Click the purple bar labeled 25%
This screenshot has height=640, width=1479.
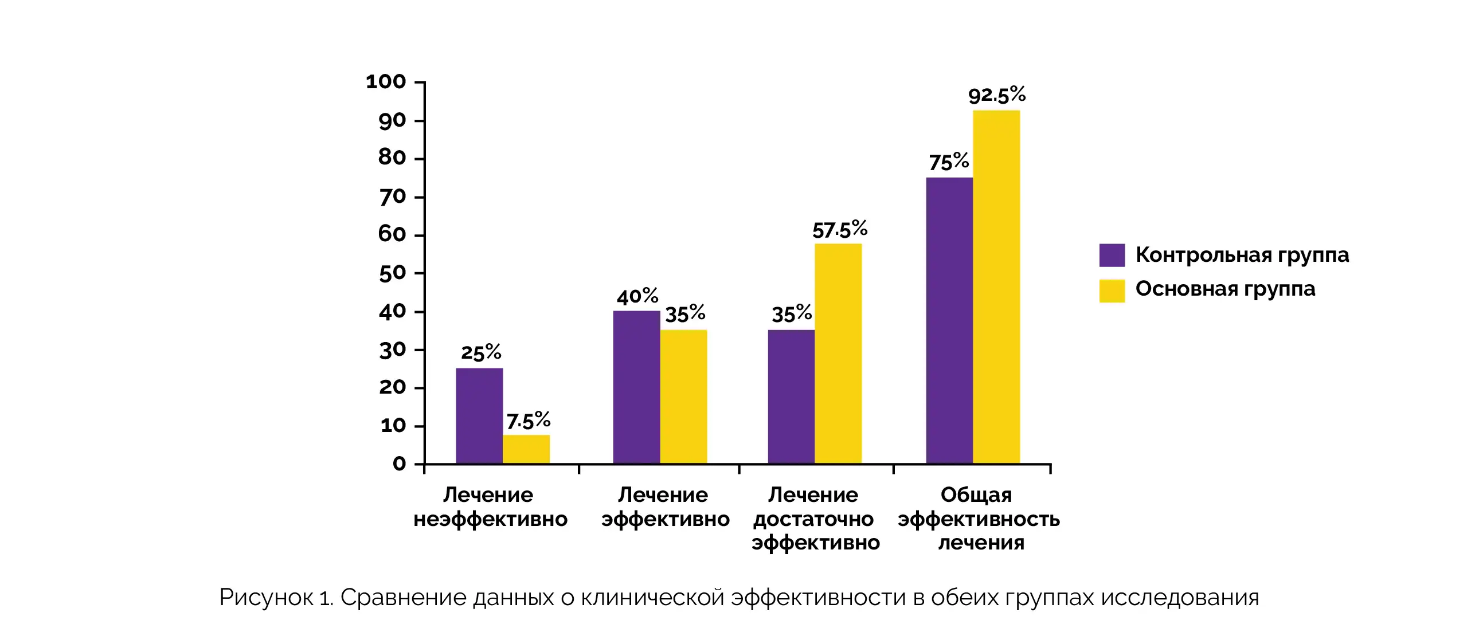(x=479, y=415)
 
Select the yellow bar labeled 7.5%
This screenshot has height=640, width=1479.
(x=526, y=449)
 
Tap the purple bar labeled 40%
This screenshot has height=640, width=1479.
(x=636, y=387)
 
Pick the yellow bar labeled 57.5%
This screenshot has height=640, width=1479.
(x=838, y=353)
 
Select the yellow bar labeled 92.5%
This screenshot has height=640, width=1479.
(x=996, y=286)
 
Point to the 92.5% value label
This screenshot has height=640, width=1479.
(x=997, y=95)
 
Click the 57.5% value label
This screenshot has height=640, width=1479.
(x=839, y=230)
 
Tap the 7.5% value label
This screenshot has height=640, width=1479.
(x=528, y=421)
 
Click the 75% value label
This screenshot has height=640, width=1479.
(x=949, y=162)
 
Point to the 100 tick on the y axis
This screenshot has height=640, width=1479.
(x=386, y=81)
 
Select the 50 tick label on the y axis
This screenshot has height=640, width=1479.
(x=392, y=273)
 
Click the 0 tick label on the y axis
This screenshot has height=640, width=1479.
(x=399, y=463)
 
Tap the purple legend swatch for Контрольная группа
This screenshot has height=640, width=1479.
(x=1112, y=256)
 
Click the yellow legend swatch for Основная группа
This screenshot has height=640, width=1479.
(x=1112, y=290)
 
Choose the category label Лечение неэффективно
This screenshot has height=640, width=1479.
(x=490, y=507)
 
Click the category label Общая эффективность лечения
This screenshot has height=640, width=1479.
(x=979, y=519)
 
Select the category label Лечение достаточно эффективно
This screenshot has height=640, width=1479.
(x=815, y=519)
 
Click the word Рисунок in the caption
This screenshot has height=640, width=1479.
(x=266, y=598)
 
